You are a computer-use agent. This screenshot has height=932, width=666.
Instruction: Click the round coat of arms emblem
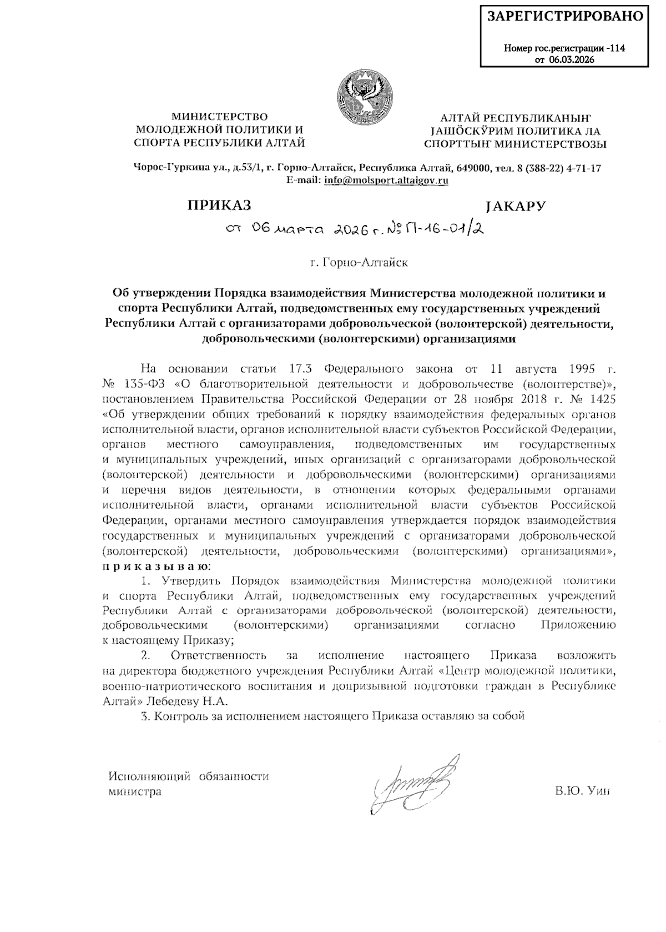coord(366,94)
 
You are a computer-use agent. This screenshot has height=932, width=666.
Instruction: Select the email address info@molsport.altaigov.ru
coord(386,180)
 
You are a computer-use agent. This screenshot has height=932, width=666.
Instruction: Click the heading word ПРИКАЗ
coord(219,206)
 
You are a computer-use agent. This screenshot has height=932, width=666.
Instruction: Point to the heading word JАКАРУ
coord(514,206)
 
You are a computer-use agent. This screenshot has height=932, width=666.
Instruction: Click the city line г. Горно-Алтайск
coord(359,262)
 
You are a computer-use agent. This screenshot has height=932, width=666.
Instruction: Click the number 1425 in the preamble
coord(601,399)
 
